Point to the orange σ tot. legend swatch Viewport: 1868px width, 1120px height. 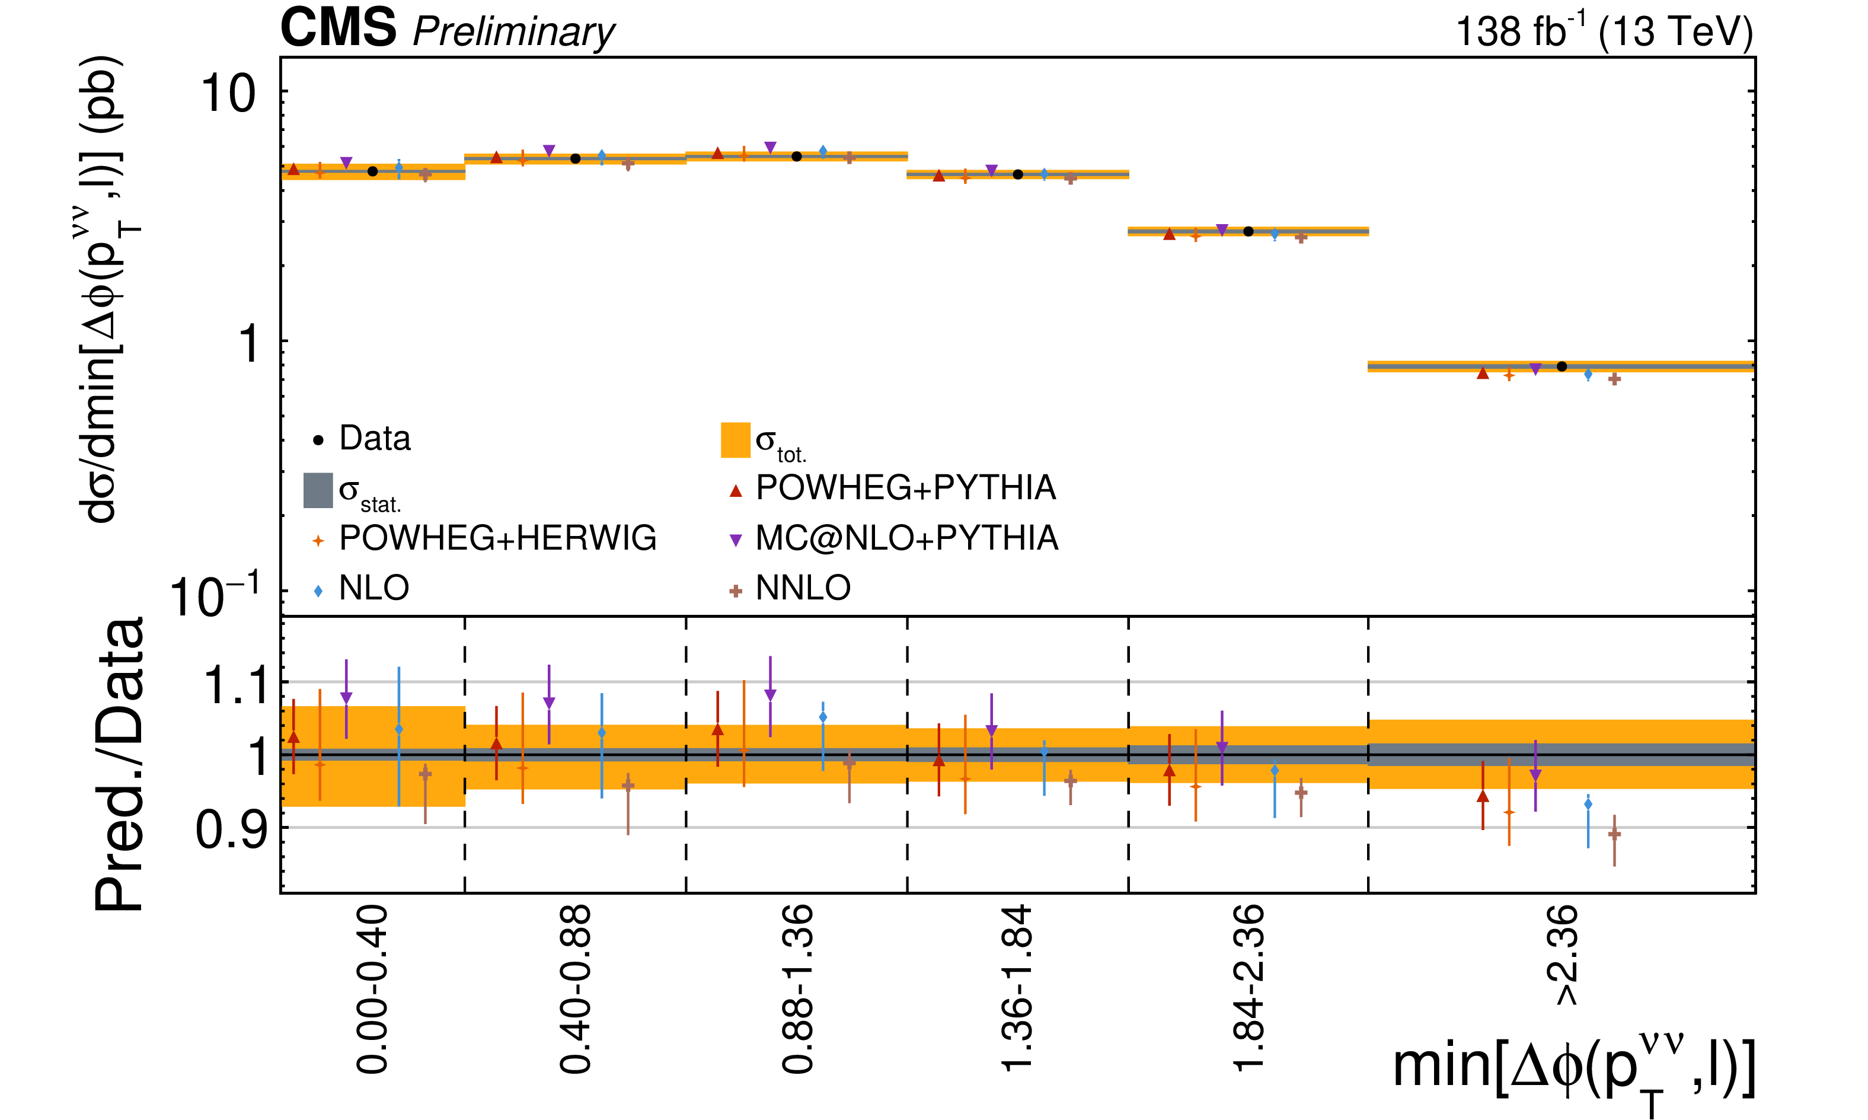click(x=736, y=440)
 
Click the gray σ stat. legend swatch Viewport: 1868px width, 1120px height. click(x=318, y=490)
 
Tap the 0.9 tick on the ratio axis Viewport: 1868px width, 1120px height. click(x=232, y=829)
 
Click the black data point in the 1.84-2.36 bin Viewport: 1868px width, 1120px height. click(x=1248, y=231)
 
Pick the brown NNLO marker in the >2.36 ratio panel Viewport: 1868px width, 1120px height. click(x=1614, y=834)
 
